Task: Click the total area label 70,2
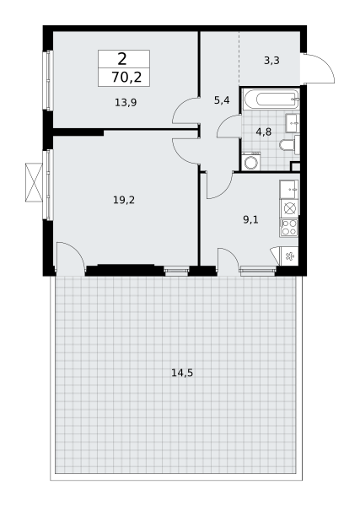(x=126, y=78)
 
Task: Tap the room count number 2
(x=122, y=59)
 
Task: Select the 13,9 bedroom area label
(x=126, y=103)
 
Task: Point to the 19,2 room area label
(x=124, y=200)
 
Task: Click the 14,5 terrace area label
(x=182, y=373)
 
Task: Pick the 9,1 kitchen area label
(x=250, y=220)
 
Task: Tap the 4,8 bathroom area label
(x=264, y=132)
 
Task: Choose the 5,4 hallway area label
(x=222, y=100)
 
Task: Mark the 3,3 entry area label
(x=272, y=61)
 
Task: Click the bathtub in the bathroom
(x=271, y=100)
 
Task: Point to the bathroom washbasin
(x=293, y=123)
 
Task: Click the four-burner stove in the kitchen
(x=289, y=228)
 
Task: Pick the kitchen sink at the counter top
(x=289, y=189)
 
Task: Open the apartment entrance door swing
(x=318, y=67)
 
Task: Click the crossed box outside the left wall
(x=35, y=183)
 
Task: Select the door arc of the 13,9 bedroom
(x=185, y=110)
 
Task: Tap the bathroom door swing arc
(x=229, y=126)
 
